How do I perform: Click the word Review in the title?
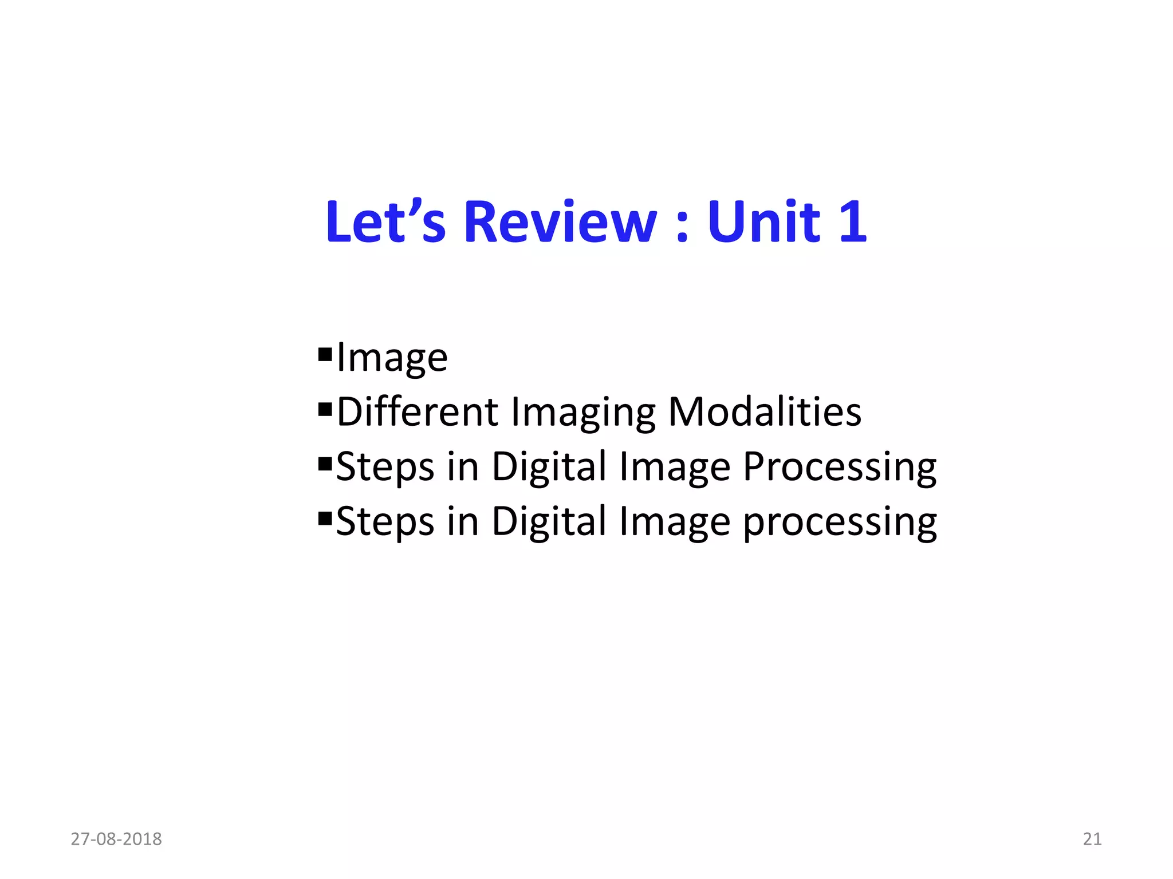(560, 222)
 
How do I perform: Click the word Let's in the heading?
(385, 222)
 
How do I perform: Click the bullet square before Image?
(325, 355)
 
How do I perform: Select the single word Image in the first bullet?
(392, 358)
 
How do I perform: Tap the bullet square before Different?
(325, 409)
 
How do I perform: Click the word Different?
(418, 412)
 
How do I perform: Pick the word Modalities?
(765, 412)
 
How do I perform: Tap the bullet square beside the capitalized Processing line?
(325, 464)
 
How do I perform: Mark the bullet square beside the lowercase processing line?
(325, 518)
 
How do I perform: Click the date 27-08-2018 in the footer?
(116, 839)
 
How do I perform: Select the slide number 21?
(1092, 839)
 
